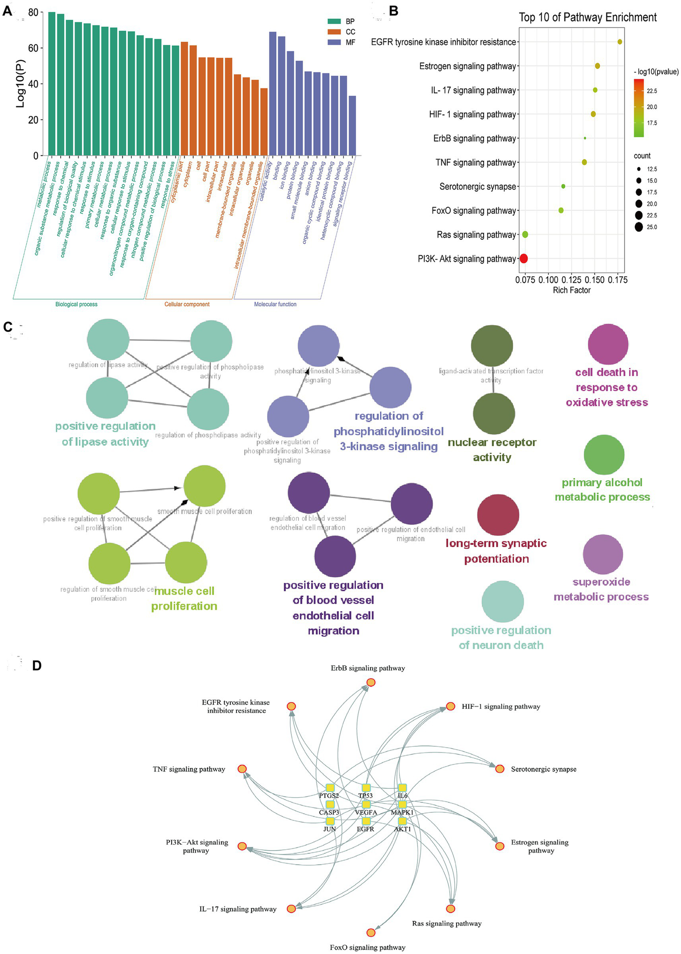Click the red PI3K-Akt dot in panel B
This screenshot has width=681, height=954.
524,258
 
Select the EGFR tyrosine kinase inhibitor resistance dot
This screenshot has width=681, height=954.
620,42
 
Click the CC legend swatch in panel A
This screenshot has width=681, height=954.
334,32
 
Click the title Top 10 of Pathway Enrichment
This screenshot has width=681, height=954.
587,17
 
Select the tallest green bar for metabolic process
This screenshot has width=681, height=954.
51,84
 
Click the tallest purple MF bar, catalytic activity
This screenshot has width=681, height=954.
273,93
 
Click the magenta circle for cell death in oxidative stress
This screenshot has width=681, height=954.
608,344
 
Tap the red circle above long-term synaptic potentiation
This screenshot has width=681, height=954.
498,515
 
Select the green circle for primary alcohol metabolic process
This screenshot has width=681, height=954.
604,455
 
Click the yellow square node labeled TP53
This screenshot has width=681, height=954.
366,788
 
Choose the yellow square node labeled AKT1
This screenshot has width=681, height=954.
402,821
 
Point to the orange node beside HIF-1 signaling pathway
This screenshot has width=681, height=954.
450,706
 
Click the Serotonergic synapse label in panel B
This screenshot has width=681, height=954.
477,186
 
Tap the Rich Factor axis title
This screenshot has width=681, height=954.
571,290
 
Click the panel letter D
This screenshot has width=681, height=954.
37,665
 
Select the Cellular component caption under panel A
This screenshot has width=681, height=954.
187,305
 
